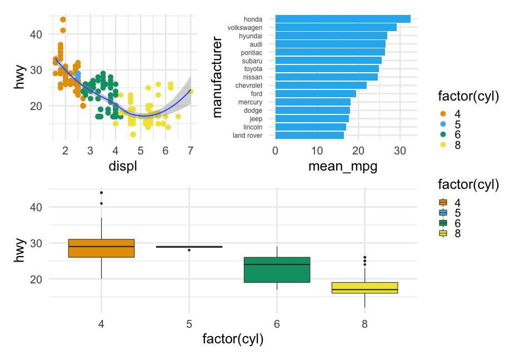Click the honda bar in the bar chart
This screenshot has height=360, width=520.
(342, 19)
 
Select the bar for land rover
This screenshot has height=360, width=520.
(309, 135)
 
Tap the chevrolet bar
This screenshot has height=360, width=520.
(321, 85)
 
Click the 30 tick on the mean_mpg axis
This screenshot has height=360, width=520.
(400, 151)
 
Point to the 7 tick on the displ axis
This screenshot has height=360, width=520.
(191, 151)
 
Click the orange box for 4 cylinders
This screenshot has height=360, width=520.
(101, 248)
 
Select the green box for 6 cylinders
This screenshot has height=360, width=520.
(277, 269)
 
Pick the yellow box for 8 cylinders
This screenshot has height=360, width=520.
(364, 288)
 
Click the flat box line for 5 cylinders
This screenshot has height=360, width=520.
(189, 247)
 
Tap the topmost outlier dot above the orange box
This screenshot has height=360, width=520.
(101, 193)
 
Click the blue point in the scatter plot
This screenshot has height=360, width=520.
(78, 74)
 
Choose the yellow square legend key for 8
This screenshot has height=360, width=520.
(443, 233)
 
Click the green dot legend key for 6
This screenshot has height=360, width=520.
(443, 134)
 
